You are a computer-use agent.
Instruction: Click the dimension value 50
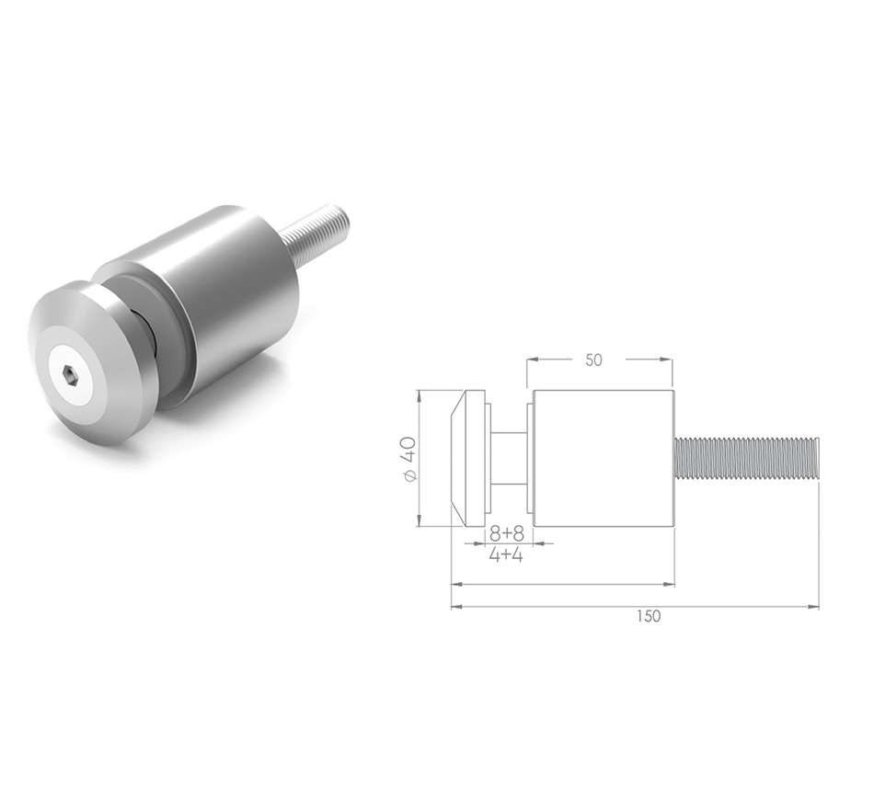(x=593, y=360)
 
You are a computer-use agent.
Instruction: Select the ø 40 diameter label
(x=409, y=458)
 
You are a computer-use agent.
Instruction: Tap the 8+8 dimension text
(x=506, y=532)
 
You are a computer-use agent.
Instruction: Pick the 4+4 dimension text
(x=505, y=554)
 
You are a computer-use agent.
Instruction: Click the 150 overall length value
(x=647, y=616)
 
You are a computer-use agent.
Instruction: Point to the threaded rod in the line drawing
(x=745, y=458)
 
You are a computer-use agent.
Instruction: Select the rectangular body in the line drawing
(x=603, y=458)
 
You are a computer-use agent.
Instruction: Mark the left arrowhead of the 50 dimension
(x=533, y=360)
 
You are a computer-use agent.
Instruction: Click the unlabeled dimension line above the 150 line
(x=561, y=584)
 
